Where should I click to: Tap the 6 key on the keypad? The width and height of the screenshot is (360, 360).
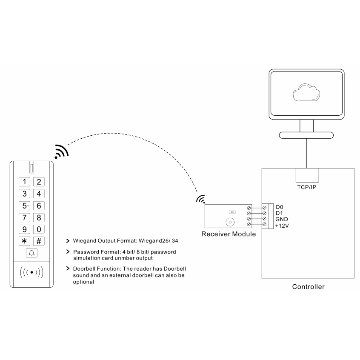39,206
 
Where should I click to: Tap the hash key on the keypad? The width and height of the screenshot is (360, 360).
39,241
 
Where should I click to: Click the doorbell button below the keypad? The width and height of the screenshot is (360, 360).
32,254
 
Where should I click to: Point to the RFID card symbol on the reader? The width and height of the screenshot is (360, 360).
32,271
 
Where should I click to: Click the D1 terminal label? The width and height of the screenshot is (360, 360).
279,213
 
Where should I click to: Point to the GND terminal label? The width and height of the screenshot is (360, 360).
282,219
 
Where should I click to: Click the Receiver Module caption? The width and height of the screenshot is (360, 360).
229,234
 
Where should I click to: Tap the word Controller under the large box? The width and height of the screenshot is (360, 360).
308,287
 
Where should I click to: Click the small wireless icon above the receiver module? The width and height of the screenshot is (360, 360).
200,199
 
